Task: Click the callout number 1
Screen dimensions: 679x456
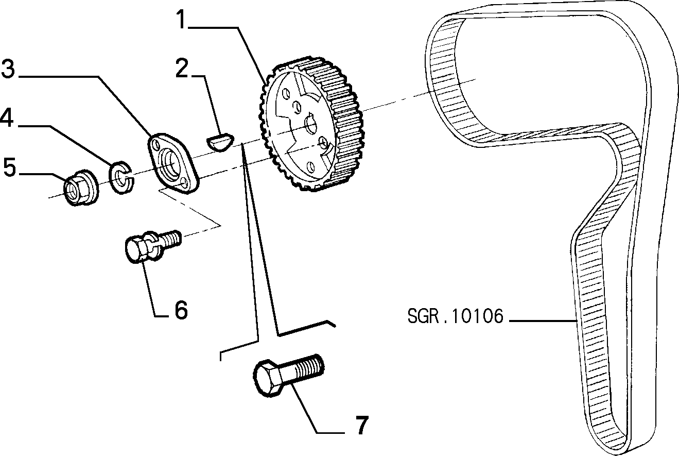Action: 181,20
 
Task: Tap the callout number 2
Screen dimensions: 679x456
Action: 182,68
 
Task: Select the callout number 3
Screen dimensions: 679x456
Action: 8,69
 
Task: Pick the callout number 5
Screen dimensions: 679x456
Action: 9,167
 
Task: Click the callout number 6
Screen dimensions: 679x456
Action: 181,310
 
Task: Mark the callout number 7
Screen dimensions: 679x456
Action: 361,425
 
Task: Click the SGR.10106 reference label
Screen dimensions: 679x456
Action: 455,316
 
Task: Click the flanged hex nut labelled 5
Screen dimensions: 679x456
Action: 81,188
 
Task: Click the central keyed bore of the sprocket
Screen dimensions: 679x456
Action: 310,124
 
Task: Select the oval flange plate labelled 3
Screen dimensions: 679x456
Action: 173,163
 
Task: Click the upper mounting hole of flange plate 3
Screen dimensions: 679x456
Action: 156,144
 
